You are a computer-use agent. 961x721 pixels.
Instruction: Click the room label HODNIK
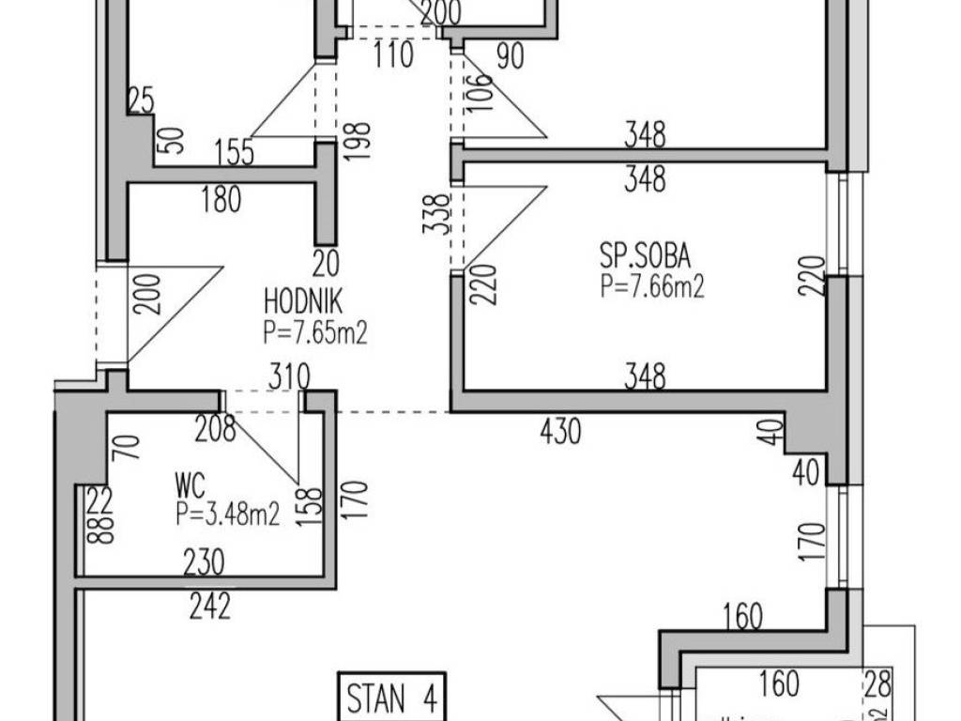click(x=303, y=303)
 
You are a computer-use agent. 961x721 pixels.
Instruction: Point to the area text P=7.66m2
click(x=652, y=286)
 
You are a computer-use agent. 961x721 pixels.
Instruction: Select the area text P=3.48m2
click(x=227, y=514)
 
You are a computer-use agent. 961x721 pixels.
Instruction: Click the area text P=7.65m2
click(x=314, y=331)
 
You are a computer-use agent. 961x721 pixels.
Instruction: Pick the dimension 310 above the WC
click(x=289, y=377)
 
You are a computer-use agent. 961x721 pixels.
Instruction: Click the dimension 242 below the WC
click(x=209, y=607)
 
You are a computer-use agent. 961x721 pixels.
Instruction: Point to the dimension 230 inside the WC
click(x=204, y=562)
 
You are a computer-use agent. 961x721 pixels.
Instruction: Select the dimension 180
click(x=221, y=199)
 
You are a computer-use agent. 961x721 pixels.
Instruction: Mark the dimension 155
click(x=234, y=152)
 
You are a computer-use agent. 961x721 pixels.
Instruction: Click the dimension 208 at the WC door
click(x=215, y=429)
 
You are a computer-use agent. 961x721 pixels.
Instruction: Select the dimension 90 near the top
click(x=509, y=55)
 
